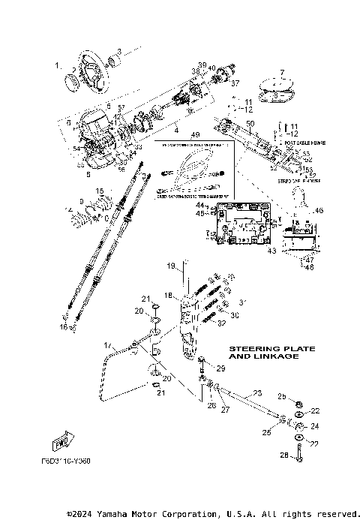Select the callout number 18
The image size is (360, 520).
(169, 295)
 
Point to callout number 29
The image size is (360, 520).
(220, 369)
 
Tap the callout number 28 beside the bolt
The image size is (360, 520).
(283, 454)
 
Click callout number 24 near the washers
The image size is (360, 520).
(315, 425)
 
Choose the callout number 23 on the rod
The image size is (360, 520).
(256, 392)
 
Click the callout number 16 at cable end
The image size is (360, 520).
(64, 327)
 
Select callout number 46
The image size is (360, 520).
(319, 212)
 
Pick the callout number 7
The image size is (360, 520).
(282, 72)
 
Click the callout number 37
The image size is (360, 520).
(234, 83)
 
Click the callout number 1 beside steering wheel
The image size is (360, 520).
(57, 66)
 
